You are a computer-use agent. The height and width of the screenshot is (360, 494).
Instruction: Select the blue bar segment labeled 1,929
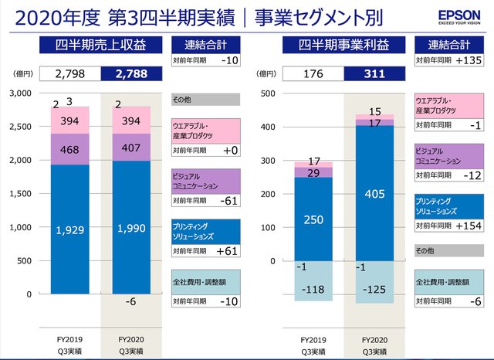[x=71, y=229]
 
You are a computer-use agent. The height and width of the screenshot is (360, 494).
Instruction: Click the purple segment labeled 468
[x=71, y=149]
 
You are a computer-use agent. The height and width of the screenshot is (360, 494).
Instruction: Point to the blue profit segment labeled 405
[x=374, y=193]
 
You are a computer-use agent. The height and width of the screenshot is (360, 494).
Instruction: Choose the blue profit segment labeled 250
[x=313, y=220]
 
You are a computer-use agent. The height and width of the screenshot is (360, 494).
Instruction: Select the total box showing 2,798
[x=71, y=75]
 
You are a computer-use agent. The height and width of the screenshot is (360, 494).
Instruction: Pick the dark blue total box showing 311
[x=374, y=75]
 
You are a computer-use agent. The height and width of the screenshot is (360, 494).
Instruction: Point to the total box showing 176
[x=313, y=75]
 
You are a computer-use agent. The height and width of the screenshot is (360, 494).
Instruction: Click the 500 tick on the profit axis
[x=269, y=93]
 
